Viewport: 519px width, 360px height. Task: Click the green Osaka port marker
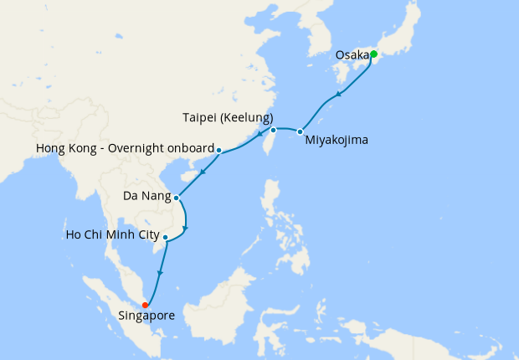pos(373,54)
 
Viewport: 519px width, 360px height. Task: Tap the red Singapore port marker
pos(146,305)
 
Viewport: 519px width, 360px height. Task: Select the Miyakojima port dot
pos(299,131)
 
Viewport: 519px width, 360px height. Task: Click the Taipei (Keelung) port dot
pos(273,130)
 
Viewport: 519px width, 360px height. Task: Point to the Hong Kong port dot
pos(218,151)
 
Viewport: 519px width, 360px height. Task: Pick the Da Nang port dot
pos(176,198)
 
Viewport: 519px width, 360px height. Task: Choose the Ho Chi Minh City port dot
pos(166,237)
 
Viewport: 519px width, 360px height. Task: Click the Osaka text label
pos(352,55)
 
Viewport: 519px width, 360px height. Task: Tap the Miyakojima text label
pos(336,140)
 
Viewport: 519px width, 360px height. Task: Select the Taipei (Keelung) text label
pos(226,118)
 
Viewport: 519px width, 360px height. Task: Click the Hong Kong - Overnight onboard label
pos(125,150)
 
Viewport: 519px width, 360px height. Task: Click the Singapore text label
pos(145,316)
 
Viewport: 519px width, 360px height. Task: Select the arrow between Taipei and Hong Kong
pos(259,133)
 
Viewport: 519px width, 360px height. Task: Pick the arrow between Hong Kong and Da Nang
pos(202,172)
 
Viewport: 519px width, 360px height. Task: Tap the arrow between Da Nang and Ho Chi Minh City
pos(186,227)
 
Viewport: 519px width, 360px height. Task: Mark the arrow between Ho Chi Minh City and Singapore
pos(160,273)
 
